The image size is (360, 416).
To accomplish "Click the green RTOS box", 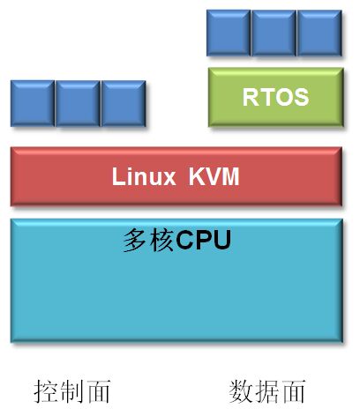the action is coord(276,97).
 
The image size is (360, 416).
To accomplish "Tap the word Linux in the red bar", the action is coord(144,176).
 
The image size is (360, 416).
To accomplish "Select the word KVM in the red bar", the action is coord(214,176).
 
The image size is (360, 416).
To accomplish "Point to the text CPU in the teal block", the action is coord(204,240).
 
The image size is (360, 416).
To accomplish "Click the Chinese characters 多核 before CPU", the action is coord(149,241).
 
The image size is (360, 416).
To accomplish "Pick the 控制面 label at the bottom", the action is coord(72,391).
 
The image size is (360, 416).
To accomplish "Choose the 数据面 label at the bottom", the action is coord(267,391).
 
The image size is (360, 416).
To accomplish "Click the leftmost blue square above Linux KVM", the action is coord(33,103).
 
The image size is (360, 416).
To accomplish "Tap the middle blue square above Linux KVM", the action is coord(78,103).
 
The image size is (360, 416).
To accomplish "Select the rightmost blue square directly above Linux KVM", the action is coord(124,103).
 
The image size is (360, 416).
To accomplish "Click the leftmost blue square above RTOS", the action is coord(229,33).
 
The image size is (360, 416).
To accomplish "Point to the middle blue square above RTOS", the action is coord(274,33).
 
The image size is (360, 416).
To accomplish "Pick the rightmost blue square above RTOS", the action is coord(319,33).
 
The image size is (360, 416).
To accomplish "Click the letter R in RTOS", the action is coord(251,97).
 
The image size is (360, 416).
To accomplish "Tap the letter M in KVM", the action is coord(230,176).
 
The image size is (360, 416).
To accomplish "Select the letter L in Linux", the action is coord(117,176).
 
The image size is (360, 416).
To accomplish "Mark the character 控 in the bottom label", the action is coord(46,391).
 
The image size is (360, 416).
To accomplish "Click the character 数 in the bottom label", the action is coord(241,391).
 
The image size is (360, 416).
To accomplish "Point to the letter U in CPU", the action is coord(221,240).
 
